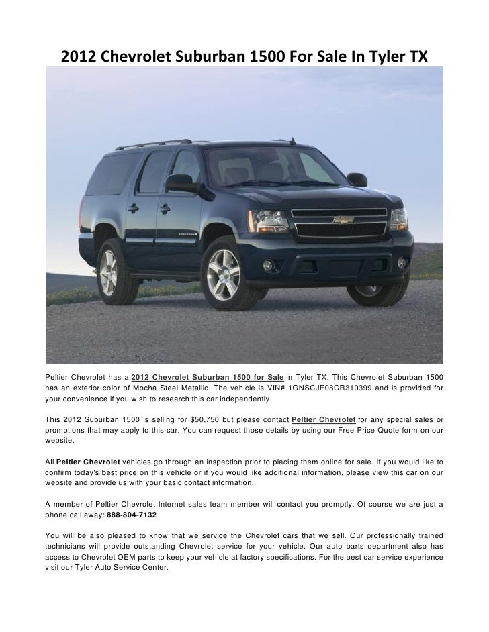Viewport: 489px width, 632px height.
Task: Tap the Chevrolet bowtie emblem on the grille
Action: [343, 220]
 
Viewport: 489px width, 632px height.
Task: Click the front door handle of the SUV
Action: [164, 209]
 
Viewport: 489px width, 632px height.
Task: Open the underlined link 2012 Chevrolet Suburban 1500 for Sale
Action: [208, 374]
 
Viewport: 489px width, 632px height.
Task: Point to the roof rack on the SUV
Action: [154, 143]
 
